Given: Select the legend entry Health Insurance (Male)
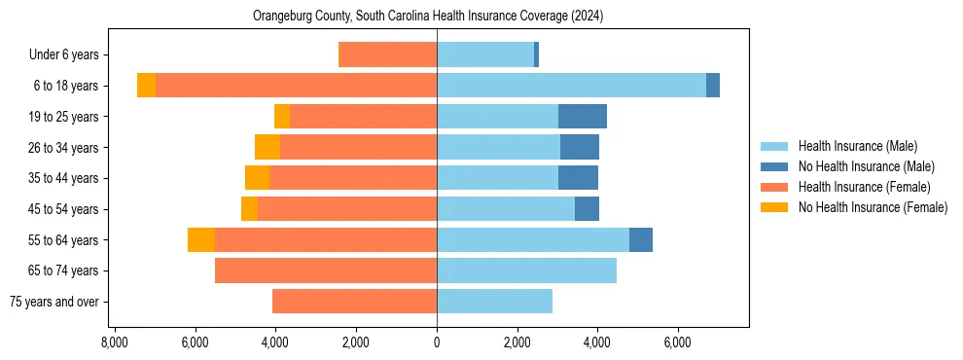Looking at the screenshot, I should click(857, 146).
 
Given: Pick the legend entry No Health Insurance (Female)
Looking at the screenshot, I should click(873, 207).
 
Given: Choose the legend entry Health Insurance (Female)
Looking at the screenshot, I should click(864, 187).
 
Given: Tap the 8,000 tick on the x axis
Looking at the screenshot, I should click(115, 342).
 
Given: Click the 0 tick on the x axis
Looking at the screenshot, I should click(437, 342).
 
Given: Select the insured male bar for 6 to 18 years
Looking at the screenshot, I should click(571, 86).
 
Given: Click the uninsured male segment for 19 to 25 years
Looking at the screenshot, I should click(583, 117).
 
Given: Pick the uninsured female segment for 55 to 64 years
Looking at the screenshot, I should click(201, 240).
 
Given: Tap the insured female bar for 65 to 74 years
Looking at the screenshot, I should click(326, 270).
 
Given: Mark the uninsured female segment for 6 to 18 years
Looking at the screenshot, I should click(146, 86).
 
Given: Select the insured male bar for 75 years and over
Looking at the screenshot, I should click(494, 302).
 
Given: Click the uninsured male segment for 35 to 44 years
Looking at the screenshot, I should click(578, 178).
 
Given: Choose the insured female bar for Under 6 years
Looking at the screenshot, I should click(387, 54).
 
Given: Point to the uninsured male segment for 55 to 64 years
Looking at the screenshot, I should click(641, 240).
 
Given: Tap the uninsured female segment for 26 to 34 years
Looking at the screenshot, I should click(267, 147).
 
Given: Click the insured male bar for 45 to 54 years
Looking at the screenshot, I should click(506, 209).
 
